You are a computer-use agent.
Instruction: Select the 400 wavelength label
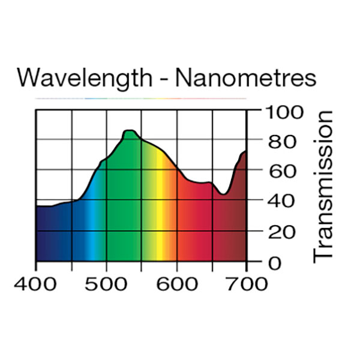(36, 284)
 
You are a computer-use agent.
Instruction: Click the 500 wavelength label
(106, 284)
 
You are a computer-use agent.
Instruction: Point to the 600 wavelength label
(176, 284)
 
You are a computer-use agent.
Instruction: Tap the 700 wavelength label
(247, 284)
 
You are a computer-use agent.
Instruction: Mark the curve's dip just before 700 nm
(223, 194)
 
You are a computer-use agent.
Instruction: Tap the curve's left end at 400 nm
(37, 206)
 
